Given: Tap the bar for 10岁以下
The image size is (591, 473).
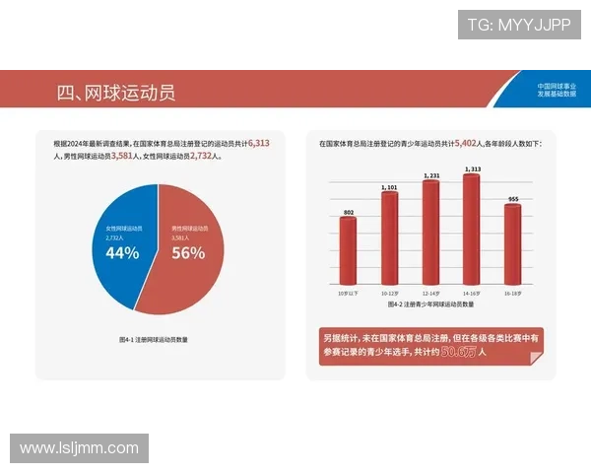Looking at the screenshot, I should click(349, 250).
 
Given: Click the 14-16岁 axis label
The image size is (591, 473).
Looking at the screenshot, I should click(471, 294).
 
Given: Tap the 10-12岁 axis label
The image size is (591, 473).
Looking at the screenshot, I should click(389, 294).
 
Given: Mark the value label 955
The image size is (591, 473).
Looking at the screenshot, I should click(512, 199).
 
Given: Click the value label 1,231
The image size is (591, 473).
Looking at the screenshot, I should click(430, 175).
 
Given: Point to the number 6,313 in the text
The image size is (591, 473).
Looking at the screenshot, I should click(259, 143).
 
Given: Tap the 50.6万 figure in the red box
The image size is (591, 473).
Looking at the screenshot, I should click(458, 351).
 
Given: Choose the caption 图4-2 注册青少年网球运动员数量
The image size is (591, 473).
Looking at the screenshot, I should click(429, 306).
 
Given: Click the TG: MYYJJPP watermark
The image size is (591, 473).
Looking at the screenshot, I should click(519, 25).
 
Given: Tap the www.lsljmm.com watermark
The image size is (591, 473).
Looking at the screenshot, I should click(79, 448).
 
